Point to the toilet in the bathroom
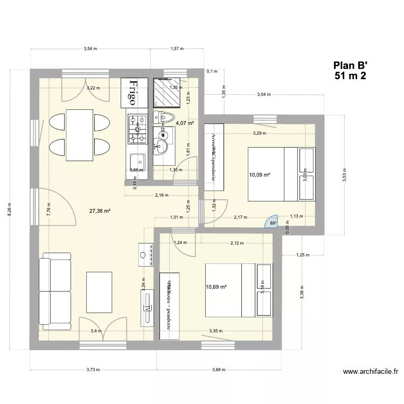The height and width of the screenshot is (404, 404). pos(164,117)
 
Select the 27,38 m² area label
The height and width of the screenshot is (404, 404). pos(100,211)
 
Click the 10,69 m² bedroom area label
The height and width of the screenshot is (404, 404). pos(216,287)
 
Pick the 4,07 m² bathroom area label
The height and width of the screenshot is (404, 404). pos(185,123)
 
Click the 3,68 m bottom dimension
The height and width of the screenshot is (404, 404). pos(218,370)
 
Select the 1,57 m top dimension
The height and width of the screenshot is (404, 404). pos(177,49)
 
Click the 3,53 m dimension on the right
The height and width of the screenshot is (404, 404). pos(345,175)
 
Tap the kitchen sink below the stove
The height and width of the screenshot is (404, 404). pos(137,162)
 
